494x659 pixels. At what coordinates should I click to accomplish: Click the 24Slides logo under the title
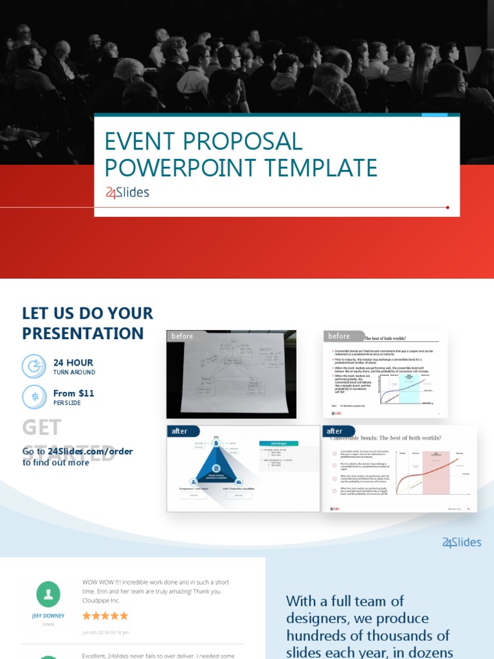point(127,192)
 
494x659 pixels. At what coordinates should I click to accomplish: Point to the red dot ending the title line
point(448,207)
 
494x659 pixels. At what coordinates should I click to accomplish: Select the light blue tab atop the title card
point(435,115)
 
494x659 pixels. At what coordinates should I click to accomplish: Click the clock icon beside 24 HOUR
point(34,367)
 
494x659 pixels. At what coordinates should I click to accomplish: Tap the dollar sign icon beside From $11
point(34,397)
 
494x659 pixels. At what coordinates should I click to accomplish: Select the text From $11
point(73,393)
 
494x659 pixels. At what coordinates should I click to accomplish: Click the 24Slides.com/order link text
point(90,451)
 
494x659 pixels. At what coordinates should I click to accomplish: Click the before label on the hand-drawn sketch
point(182,336)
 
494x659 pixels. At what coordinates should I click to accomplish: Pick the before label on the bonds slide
point(339,336)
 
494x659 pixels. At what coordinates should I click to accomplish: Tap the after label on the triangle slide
point(180,431)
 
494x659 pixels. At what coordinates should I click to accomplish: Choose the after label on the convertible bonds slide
point(335,431)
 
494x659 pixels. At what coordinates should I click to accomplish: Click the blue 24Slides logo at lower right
point(462,543)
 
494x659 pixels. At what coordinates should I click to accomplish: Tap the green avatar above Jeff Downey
point(48,594)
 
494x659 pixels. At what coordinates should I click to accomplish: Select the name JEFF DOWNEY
point(48,616)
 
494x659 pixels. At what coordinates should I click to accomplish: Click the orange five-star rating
point(105,616)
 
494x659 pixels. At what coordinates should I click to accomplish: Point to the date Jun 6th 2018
point(105,632)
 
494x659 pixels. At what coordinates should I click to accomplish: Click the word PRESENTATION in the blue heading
point(83,333)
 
